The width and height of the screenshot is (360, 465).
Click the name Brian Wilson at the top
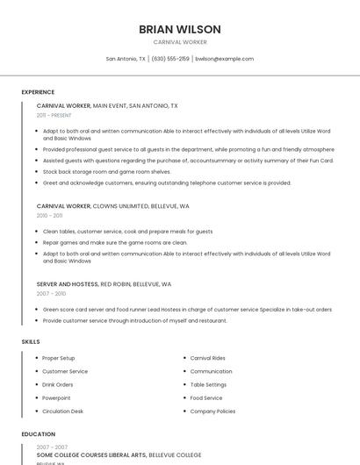point(180,29)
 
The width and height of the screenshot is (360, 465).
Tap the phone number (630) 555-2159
point(170,59)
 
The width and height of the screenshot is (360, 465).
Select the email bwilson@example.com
point(224,59)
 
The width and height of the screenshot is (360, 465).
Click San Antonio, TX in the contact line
point(126,59)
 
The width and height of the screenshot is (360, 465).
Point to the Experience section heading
point(38,92)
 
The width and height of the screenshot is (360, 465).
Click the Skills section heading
point(31,341)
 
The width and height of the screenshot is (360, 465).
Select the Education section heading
point(38,434)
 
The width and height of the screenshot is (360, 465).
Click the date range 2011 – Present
point(54,115)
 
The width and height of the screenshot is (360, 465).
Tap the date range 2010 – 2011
point(49,215)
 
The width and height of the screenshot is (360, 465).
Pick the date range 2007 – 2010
point(51,294)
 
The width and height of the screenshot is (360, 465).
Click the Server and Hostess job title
point(68,284)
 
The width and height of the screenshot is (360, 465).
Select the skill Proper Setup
point(59,358)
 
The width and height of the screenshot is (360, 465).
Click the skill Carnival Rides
point(207,358)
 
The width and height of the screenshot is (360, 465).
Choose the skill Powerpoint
point(56,397)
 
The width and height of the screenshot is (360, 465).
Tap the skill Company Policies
point(212,411)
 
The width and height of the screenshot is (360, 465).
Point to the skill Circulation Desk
point(62,411)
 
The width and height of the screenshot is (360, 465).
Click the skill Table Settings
point(208,384)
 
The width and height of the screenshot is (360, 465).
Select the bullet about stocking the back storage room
point(106,172)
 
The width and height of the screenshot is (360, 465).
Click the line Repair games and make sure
point(115,242)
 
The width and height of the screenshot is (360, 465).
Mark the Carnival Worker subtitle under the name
point(180,42)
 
